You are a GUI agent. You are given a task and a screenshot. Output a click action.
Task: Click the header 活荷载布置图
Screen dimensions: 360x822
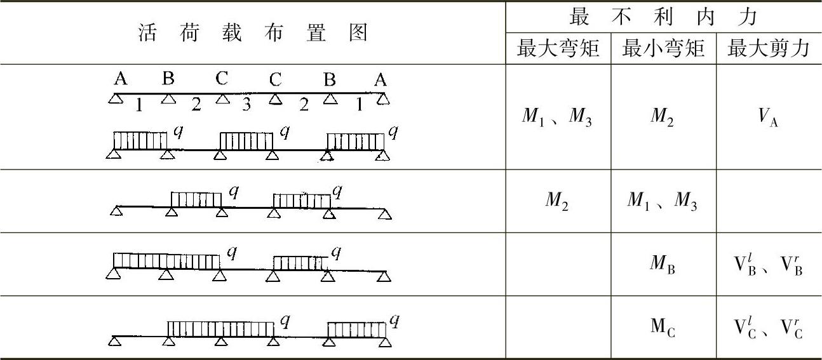[253, 33]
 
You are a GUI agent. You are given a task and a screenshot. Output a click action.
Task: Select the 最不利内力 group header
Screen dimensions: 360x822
[663, 17]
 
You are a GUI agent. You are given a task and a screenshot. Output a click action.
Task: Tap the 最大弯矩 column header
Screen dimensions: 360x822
[558, 48]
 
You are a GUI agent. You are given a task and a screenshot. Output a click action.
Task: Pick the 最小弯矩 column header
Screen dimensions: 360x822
[663, 48]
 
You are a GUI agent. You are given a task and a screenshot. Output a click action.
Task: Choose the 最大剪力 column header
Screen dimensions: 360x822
[769, 48]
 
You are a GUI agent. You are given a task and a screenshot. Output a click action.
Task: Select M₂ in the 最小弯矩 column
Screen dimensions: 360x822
[663, 119]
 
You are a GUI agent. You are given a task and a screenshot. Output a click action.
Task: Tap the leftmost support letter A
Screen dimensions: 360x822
[121, 79]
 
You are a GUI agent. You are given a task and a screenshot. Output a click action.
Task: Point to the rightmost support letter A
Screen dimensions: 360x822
[380, 79]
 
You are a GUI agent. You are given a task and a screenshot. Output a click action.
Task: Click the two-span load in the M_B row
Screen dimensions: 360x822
[166, 261]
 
